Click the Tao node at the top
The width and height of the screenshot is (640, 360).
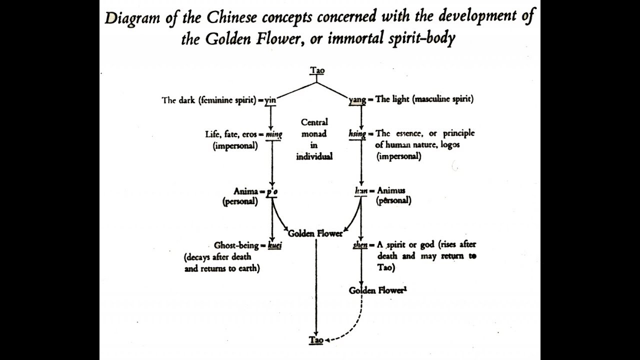[x=317, y=70]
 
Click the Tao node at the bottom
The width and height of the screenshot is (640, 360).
[x=315, y=340]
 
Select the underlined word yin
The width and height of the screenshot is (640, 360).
[x=270, y=99]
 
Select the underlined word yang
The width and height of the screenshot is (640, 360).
[x=357, y=99]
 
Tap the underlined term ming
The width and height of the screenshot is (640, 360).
[x=274, y=134]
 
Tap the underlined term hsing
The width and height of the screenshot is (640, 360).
[x=357, y=134]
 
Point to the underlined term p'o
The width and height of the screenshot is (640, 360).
[x=272, y=191]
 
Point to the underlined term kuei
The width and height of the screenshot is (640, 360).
[x=274, y=245]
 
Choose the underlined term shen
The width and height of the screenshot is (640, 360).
[x=360, y=245]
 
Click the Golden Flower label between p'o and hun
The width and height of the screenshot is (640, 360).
[x=315, y=233]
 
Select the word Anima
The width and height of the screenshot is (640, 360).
[x=245, y=191]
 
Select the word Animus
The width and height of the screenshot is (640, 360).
[x=391, y=190]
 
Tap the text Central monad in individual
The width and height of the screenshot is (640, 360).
[x=314, y=139]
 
